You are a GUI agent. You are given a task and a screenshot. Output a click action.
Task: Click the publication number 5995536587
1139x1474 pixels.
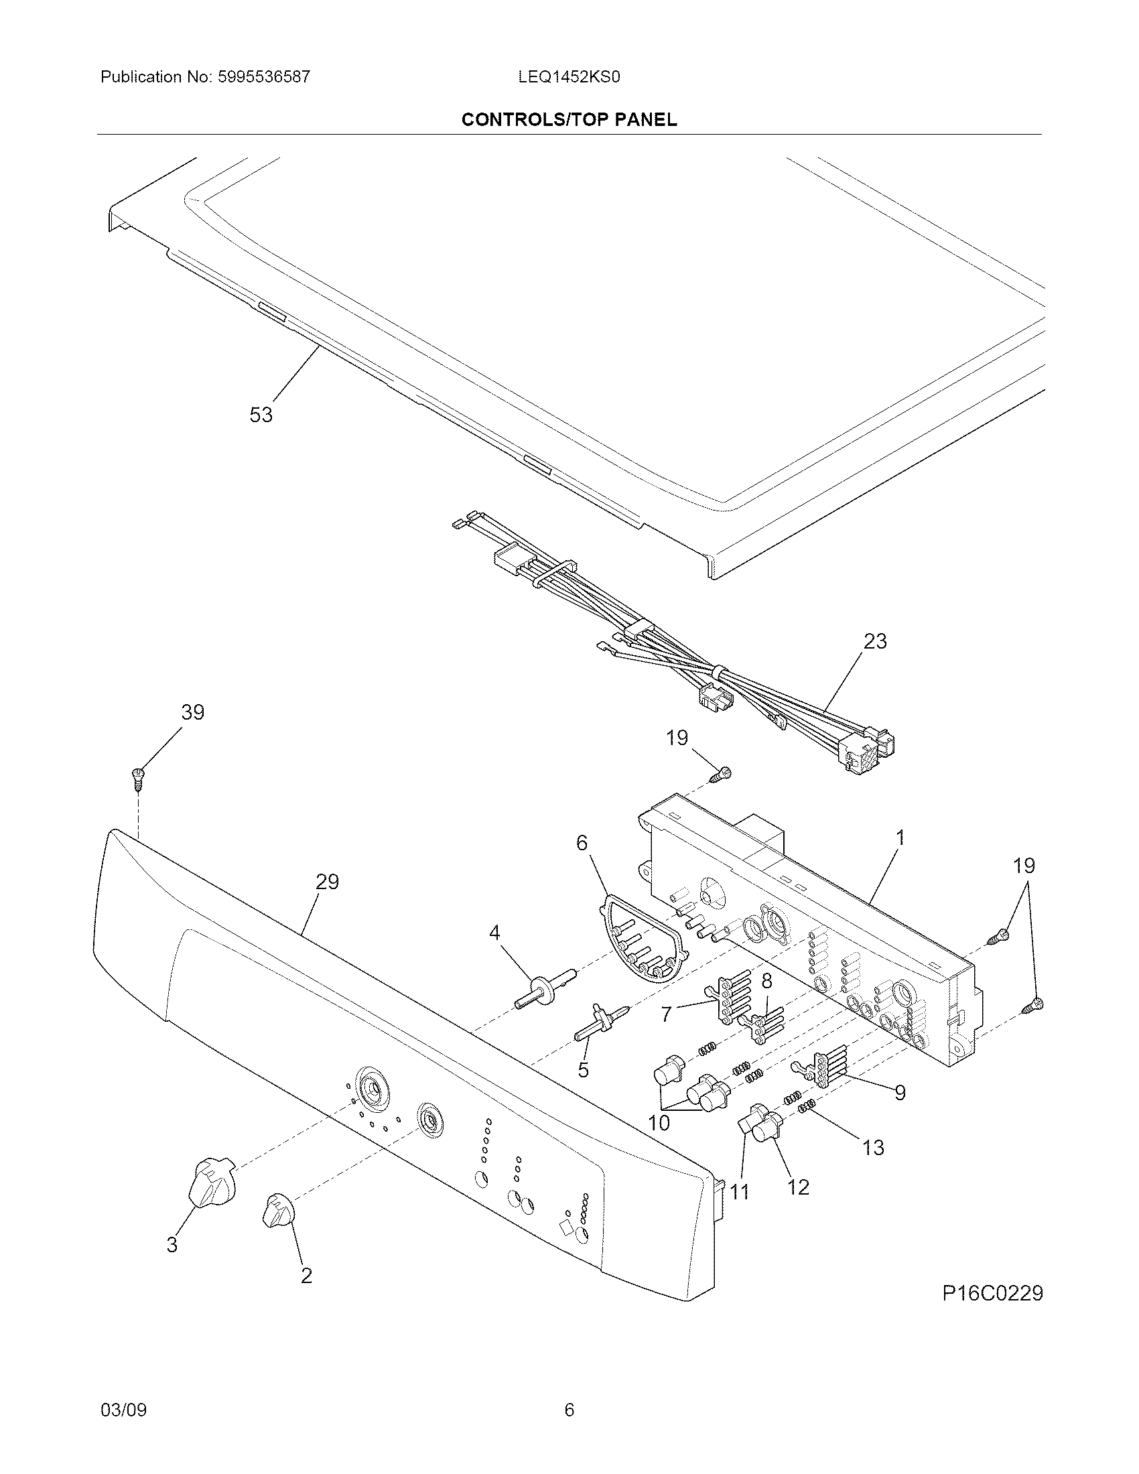click(264, 77)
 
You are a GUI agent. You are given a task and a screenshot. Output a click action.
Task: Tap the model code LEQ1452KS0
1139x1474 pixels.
click(569, 77)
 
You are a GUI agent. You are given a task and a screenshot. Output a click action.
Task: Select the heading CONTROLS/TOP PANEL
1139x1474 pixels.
click(569, 120)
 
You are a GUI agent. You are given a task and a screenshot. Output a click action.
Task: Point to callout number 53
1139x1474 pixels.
click(261, 414)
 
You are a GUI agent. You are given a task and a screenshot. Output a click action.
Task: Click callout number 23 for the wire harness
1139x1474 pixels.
click(875, 641)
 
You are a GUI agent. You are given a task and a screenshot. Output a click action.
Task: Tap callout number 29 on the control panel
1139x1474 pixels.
click(327, 882)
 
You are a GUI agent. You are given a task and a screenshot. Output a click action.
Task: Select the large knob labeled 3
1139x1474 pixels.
click(210, 1181)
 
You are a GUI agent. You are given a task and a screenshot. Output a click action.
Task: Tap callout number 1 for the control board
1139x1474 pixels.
click(898, 839)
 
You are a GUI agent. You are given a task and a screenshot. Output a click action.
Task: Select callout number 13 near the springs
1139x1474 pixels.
click(873, 1148)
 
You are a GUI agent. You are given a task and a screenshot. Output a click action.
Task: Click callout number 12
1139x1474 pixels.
click(798, 1187)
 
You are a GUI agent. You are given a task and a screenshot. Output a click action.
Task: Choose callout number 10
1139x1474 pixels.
click(659, 1123)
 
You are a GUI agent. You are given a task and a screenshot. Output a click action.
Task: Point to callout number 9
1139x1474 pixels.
click(899, 1093)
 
